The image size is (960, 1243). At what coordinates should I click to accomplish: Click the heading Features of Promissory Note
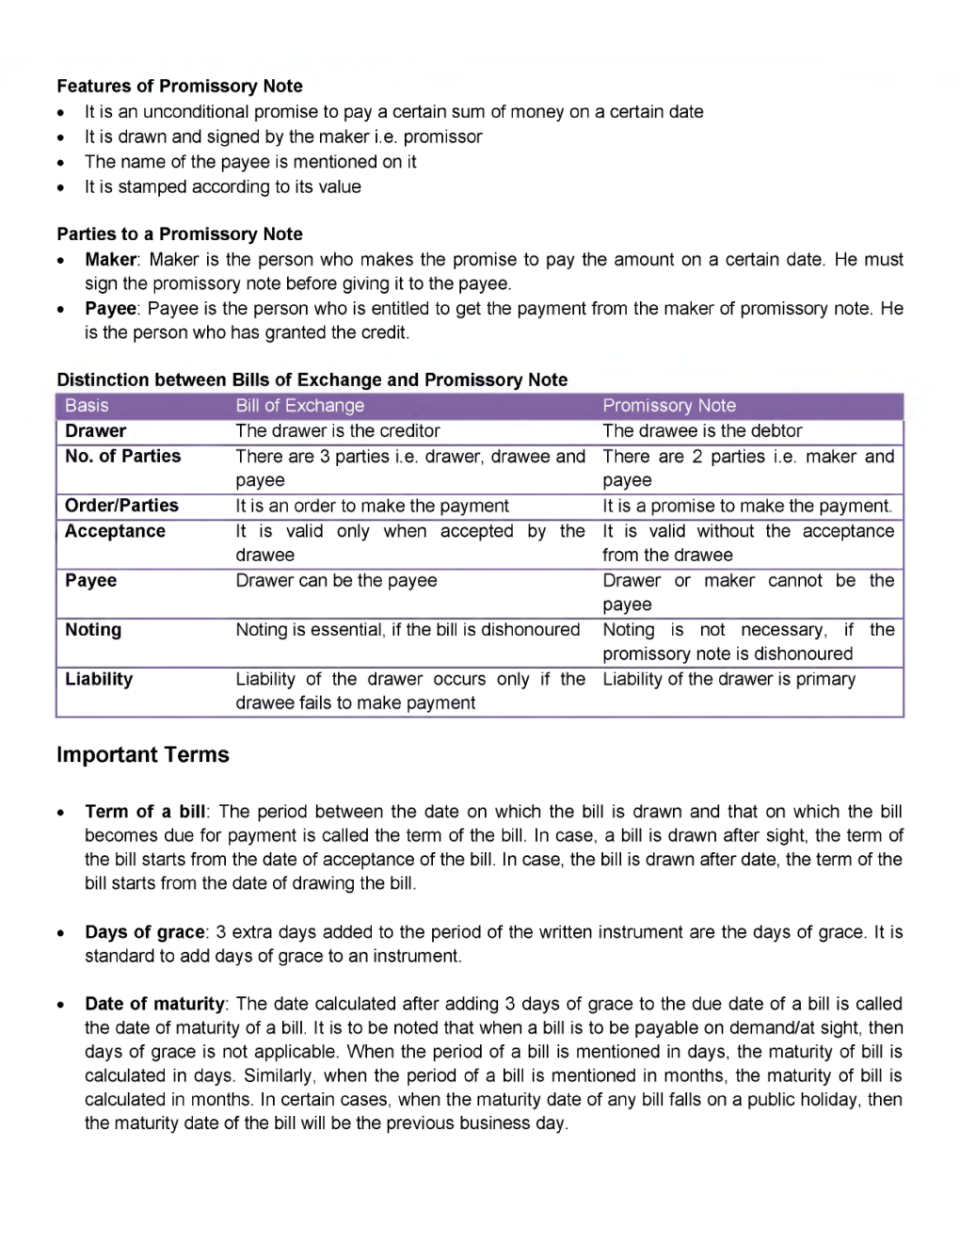(x=179, y=86)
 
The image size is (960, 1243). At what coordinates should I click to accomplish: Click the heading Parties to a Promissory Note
(x=179, y=234)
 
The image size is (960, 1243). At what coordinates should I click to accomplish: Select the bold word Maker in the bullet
(x=111, y=259)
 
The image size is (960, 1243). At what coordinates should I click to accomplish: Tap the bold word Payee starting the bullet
(x=110, y=308)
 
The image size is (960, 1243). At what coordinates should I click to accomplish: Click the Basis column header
(x=87, y=406)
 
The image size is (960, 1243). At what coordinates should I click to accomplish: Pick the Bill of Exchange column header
(x=299, y=406)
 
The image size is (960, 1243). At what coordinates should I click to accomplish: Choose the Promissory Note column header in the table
(x=668, y=406)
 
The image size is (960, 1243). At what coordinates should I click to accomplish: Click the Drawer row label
(x=95, y=430)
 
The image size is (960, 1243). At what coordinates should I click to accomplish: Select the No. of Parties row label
(x=122, y=456)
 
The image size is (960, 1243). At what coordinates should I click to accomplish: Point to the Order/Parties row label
(x=121, y=506)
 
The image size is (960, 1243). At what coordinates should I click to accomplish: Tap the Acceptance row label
(x=115, y=531)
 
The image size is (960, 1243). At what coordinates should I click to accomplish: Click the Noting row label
(x=93, y=630)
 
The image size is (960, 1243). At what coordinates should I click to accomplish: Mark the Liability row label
(x=99, y=679)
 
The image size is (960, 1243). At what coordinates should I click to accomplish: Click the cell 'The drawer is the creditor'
(x=337, y=430)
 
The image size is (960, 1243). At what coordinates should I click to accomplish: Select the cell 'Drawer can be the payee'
(x=336, y=581)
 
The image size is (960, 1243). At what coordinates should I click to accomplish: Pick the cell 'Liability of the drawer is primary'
(x=728, y=679)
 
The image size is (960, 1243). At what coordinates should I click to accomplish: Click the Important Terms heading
(x=143, y=754)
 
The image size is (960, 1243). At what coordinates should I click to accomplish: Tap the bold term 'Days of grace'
(x=144, y=932)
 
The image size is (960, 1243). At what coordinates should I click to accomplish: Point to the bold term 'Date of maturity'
(x=154, y=1004)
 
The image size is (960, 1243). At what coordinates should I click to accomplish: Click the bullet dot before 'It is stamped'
(x=61, y=187)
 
